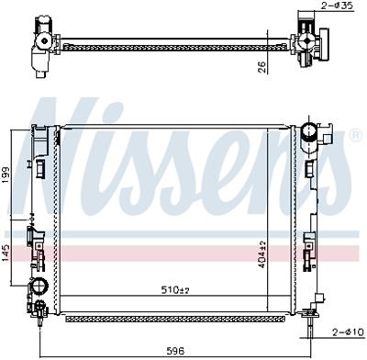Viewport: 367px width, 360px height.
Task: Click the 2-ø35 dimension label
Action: click(337, 6)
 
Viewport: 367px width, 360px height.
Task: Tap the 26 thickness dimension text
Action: click(262, 68)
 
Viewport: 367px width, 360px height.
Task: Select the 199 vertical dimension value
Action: click(6, 175)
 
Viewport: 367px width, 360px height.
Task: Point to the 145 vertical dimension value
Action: click(6, 253)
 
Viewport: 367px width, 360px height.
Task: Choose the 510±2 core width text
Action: click(175, 289)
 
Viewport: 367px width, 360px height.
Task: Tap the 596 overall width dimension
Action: click(176, 351)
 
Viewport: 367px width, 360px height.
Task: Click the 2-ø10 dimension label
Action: click(349, 332)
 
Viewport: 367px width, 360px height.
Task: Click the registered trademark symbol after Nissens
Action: click(355, 135)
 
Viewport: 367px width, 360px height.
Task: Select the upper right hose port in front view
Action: click(309, 132)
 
